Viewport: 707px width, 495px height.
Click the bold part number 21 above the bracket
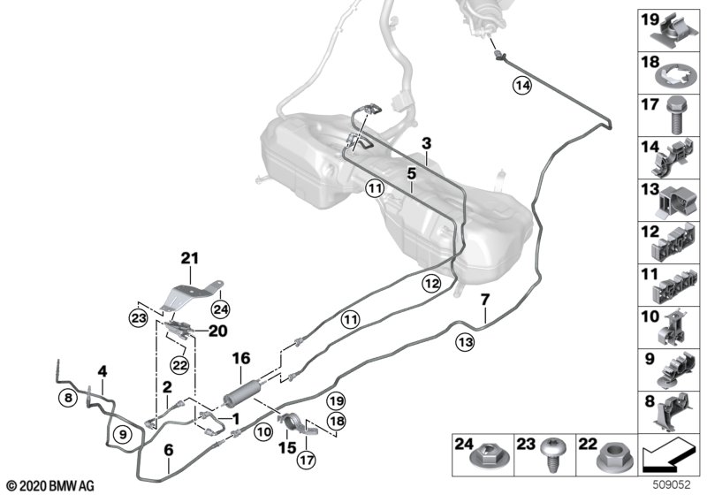(x=190, y=258)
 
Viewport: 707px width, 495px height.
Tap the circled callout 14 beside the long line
(x=522, y=85)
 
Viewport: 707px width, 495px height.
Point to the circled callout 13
(x=466, y=342)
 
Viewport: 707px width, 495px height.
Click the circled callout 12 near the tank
(x=431, y=284)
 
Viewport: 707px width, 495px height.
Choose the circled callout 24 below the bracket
(x=220, y=309)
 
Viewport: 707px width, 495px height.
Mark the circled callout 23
(x=138, y=318)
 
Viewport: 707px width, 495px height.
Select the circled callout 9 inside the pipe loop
(x=123, y=434)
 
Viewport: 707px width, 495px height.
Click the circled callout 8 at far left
(x=68, y=398)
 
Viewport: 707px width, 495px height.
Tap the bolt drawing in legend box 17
(x=675, y=115)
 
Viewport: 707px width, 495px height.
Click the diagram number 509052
(x=673, y=484)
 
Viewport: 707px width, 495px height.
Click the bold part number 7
(x=484, y=300)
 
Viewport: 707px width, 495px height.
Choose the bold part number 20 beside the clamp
(x=217, y=331)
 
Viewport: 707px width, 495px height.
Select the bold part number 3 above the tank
(x=427, y=143)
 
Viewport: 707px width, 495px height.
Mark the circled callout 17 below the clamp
(x=306, y=460)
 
